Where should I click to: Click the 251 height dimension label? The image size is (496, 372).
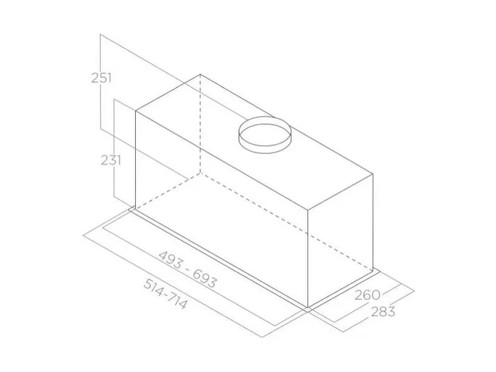pos(101,78)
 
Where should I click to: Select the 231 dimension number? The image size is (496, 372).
pos(111,161)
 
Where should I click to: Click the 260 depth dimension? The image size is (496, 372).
pos(367,295)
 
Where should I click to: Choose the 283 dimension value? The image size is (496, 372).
pos(383,311)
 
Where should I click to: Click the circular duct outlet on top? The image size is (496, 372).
pos(265,135)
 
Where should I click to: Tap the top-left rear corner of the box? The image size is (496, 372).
pos(200,74)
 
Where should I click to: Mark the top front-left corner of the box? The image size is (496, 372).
pos(136,111)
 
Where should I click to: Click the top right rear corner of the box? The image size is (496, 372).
pos(373,174)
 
